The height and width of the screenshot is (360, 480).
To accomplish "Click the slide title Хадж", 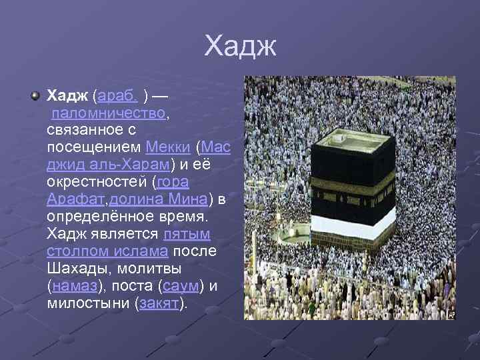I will (x=240, y=47).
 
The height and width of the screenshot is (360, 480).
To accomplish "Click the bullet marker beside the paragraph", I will (x=34, y=96).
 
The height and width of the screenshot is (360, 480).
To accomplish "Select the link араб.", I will (x=117, y=96).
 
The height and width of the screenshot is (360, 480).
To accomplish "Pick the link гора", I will (x=173, y=182).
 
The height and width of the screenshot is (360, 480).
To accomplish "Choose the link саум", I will (x=180, y=286).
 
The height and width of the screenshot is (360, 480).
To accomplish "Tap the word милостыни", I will (x=88, y=303).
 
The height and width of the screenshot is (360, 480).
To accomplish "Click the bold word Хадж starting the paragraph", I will (x=67, y=96).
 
